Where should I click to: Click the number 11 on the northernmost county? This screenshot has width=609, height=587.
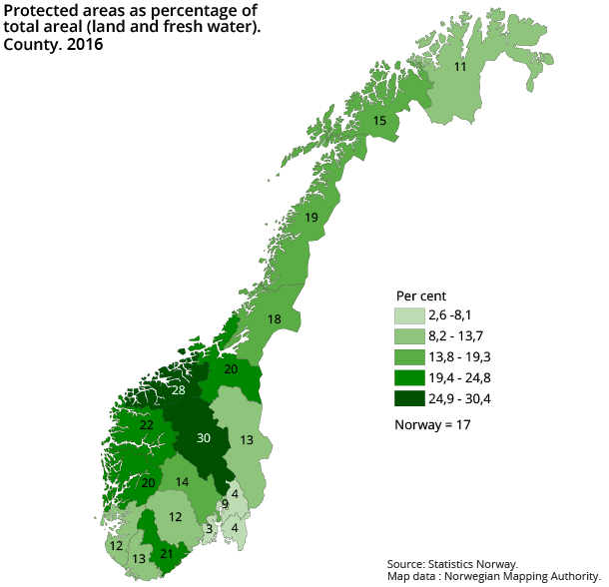point(460,67)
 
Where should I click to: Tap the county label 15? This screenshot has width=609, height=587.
point(379,121)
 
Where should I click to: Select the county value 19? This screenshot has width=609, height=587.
point(310,218)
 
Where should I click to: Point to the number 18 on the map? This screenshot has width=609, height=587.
point(275,318)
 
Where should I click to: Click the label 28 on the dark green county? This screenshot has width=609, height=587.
point(178,390)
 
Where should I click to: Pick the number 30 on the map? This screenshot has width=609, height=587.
point(204,438)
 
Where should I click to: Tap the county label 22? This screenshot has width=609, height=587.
point(146,425)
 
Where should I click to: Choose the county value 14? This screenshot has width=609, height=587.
point(182,482)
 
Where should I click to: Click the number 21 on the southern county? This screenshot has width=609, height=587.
point(167,554)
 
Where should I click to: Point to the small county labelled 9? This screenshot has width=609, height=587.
point(225,504)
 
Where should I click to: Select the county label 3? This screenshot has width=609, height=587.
point(209,528)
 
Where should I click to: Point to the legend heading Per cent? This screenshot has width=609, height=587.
point(420,295)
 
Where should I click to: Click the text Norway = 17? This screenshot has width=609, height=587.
point(432,424)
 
